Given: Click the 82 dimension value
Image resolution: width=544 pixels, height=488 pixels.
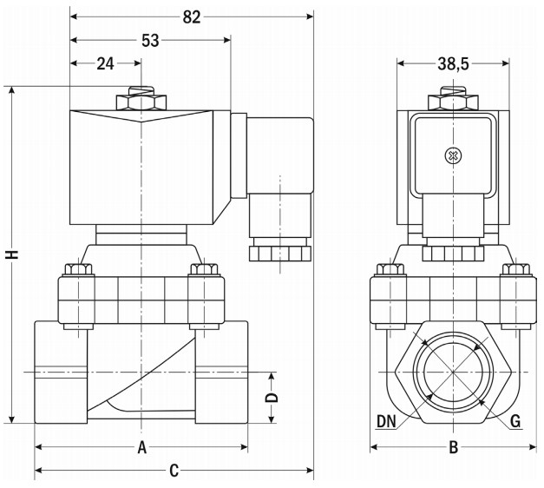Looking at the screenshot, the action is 192,17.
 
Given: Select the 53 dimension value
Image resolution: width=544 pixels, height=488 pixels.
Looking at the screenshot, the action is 150,41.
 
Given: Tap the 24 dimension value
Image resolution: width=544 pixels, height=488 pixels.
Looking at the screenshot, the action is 105,64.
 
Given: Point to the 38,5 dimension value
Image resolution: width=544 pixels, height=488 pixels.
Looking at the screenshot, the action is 453,64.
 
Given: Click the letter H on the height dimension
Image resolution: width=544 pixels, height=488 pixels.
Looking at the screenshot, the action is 12,254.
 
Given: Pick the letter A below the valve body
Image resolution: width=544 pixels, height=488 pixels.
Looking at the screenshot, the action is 142,447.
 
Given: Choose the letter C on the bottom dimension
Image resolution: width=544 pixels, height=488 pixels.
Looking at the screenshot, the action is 174,471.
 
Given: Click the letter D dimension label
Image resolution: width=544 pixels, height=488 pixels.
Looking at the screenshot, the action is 272,398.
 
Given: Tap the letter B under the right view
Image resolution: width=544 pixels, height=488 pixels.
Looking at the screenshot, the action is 454,447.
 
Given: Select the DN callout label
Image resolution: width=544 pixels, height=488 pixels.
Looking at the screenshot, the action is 386,422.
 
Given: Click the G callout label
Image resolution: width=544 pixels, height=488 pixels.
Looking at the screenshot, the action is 515,422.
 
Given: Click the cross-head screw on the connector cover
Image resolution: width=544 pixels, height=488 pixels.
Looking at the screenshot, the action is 453,156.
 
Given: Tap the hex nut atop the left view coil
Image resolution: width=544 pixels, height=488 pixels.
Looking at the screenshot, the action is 141,102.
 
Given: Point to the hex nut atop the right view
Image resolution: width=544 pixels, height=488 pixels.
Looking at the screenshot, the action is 453,102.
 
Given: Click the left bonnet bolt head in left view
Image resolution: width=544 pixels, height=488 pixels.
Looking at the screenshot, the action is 78,269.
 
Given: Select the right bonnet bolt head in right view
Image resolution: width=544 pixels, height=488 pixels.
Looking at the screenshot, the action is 516,269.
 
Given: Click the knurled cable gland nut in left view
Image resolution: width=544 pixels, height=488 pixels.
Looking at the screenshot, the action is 280,254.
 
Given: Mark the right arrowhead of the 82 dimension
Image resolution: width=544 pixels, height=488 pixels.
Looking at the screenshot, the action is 310,16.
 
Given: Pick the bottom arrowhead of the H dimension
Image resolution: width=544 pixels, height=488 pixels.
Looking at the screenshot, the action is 12,419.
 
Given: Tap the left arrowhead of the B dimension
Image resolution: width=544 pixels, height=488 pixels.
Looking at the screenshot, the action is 374,447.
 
